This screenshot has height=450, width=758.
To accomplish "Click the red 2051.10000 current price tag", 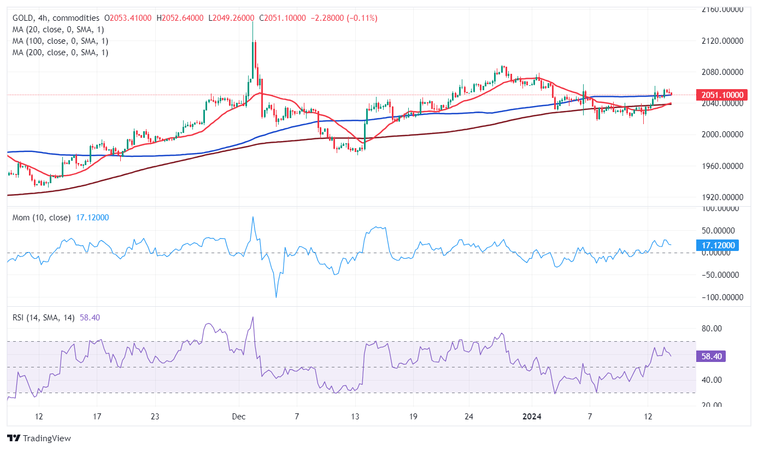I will click(x=721, y=95).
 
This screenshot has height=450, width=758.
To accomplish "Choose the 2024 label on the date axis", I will click(x=532, y=417).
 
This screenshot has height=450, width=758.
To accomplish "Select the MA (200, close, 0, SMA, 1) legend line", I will click(x=60, y=52).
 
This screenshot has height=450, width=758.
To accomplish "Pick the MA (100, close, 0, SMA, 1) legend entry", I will click(x=60, y=41).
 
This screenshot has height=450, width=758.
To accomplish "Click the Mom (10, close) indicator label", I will click(x=42, y=218).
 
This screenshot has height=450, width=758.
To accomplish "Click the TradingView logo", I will click(x=39, y=438).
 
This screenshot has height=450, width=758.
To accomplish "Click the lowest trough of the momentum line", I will click(x=276, y=297).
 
